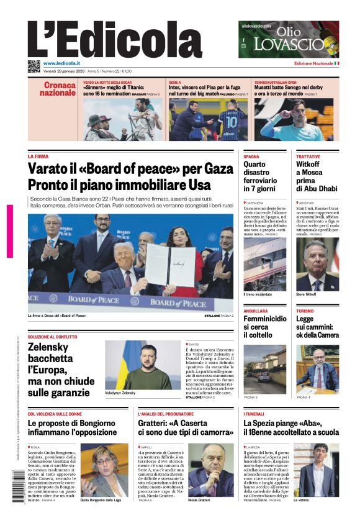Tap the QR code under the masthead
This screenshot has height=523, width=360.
[x=34, y=66]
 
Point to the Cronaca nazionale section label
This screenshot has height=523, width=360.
[x=59, y=89]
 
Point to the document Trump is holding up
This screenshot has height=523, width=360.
[x=169, y=265]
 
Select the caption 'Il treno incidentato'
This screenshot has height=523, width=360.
[x=258, y=294]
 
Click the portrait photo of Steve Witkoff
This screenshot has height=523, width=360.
[x=317, y=265]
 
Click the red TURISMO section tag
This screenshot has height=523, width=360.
[x=305, y=311]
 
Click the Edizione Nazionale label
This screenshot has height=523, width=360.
[x=313, y=63]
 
